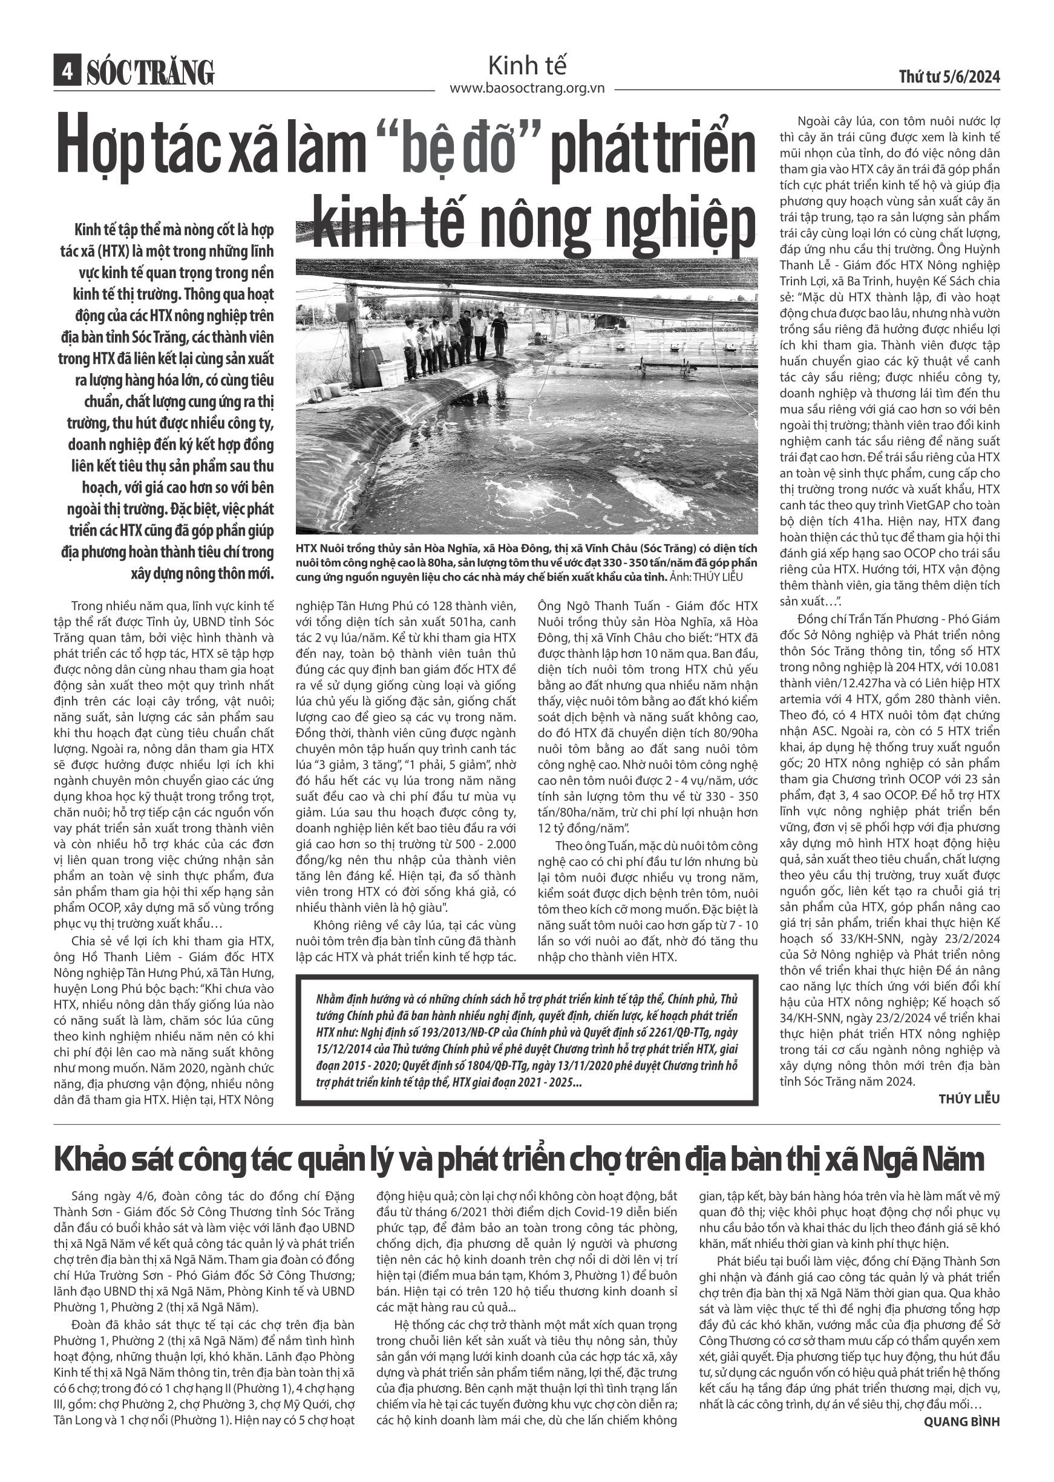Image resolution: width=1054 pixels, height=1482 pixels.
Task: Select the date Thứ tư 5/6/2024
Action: (949, 77)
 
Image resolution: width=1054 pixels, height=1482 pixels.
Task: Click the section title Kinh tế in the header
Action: (526, 65)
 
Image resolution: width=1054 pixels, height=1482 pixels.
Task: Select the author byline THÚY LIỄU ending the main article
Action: (969, 1099)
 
